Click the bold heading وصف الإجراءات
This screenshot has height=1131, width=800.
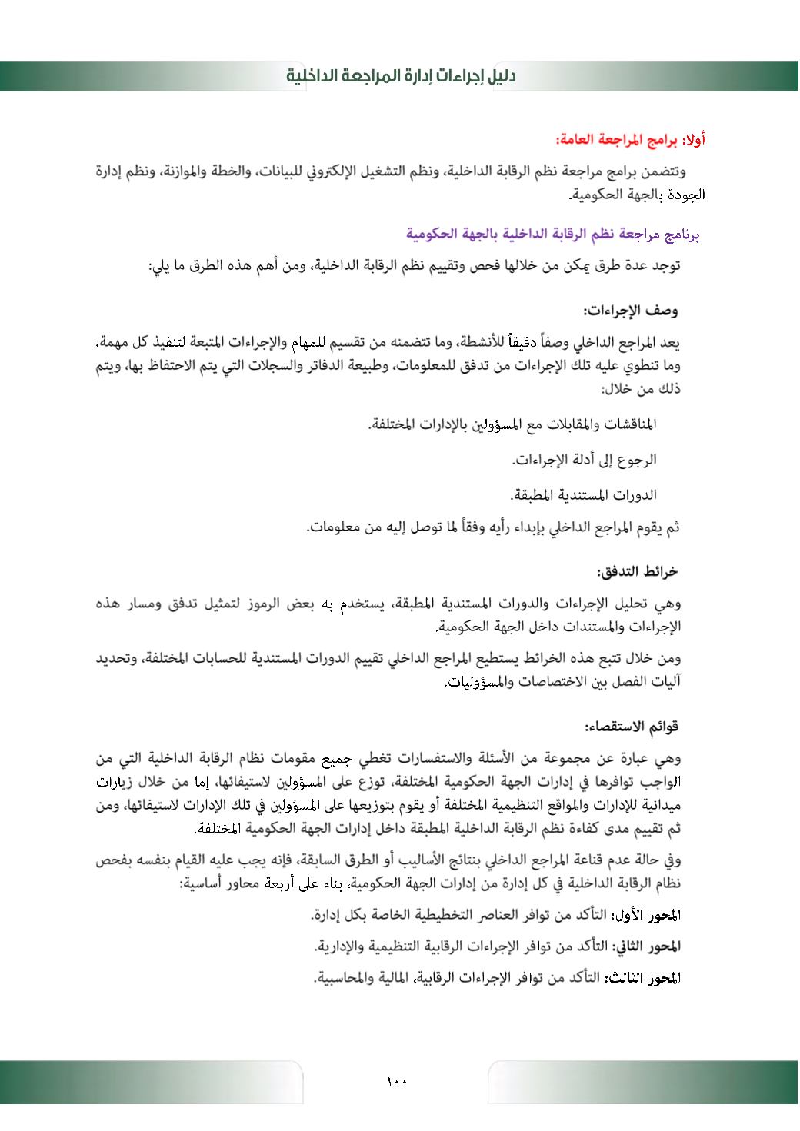point(631,311)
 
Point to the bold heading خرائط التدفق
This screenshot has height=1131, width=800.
point(637,572)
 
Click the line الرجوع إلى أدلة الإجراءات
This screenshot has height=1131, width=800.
point(585,460)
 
